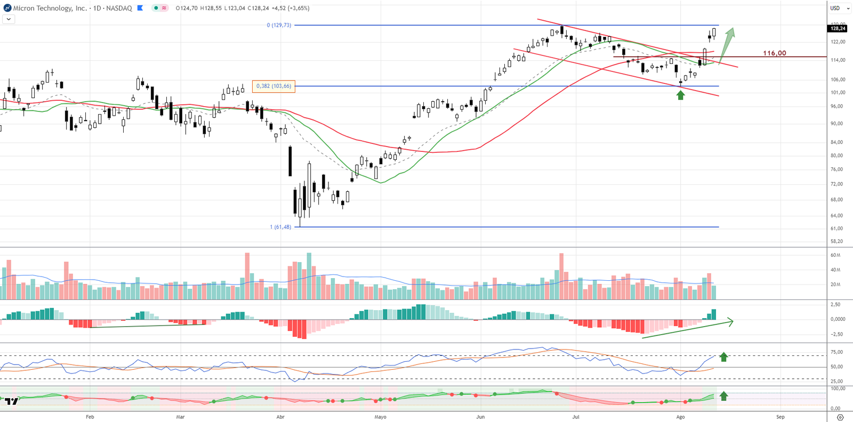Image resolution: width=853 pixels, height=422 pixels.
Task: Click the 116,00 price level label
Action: [x=774, y=53]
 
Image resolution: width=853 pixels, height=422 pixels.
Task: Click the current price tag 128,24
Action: [x=838, y=28]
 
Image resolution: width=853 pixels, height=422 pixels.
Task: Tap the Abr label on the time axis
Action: [x=280, y=417]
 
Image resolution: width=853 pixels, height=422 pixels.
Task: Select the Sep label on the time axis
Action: [x=780, y=417]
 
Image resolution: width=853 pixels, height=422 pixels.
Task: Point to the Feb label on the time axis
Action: [x=90, y=417]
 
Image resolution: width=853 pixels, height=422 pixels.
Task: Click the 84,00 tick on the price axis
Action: [x=836, y=142]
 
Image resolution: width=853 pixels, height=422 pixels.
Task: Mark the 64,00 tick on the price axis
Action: [x=836, y=216]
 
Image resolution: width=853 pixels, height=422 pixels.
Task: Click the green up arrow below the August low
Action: [x=680, y=95]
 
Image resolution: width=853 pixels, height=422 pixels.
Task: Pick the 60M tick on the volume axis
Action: [x=835, y=255]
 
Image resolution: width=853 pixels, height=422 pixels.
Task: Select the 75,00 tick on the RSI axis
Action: [x=836, y=352]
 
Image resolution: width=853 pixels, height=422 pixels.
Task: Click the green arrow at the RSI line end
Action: [x=723, y=356]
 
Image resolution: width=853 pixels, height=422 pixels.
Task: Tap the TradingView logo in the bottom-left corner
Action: [x=12, y=401]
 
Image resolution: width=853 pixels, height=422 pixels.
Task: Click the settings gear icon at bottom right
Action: [x=840, y=417]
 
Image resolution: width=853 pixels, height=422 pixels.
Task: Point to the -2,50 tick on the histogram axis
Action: [x=836, y=335]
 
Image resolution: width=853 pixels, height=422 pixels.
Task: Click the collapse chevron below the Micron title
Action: [x=9, y=19]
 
